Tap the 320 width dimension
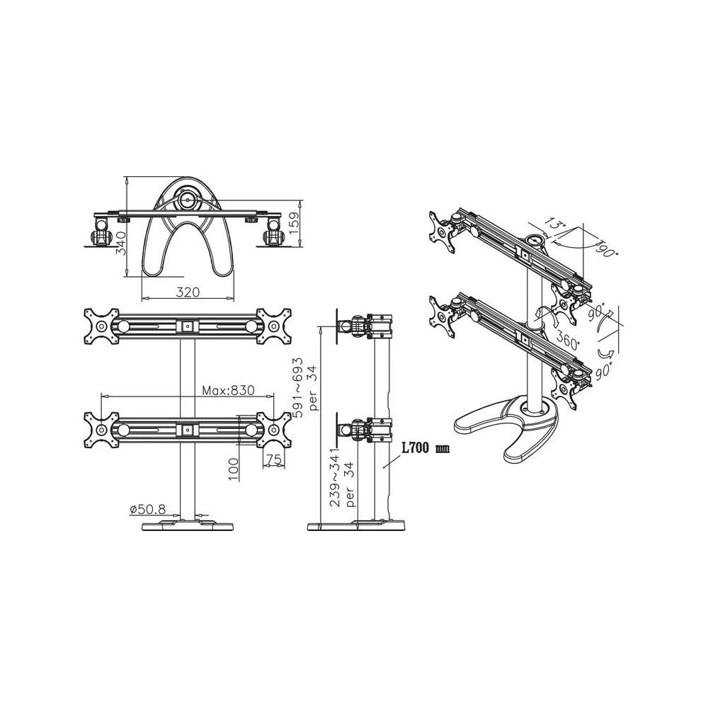188,291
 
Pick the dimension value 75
275,459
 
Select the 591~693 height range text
302,387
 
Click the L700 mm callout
426,449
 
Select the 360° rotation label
566,341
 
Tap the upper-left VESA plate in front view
101,327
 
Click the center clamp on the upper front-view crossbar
187,326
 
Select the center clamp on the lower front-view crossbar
187,429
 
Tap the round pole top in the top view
187,200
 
